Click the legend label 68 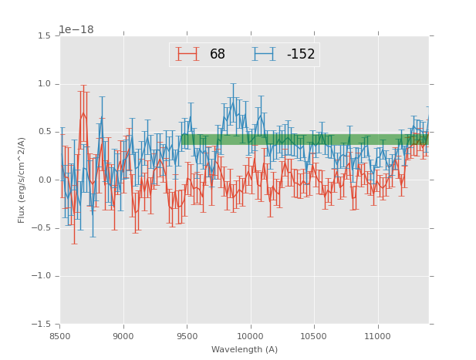pos(218,55)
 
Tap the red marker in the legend pos(187,54)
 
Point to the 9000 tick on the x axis pos(123,337)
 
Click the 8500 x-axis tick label pos(60,337)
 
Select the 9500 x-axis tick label pos(187,337)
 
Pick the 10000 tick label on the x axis pos(250,337)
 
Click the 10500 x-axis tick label pos(314,337)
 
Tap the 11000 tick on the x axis pos(377,337)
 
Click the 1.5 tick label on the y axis pos(44,36)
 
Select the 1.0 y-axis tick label pos(44,84)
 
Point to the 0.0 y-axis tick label pos(44,180)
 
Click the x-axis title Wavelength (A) pos(245,350)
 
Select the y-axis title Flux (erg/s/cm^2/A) pos(22,180)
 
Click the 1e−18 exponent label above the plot pos(76,30)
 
